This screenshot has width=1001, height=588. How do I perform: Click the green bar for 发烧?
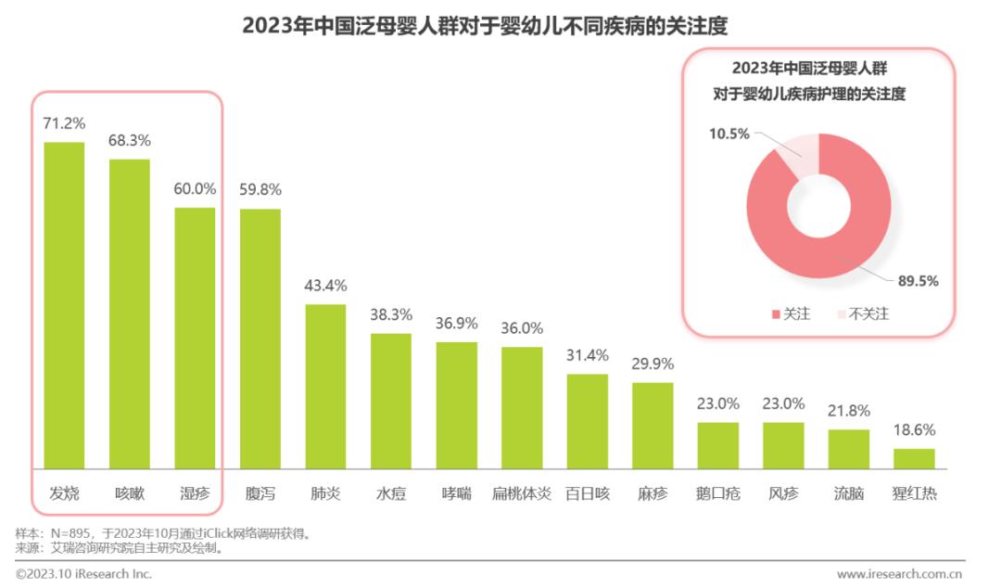[64, 305]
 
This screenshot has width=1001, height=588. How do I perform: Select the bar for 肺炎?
[326, 386]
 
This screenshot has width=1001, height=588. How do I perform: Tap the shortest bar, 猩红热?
[914, 458]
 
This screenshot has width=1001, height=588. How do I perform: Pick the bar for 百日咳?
[588, 421]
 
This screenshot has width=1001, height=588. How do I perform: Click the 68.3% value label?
[130, 141]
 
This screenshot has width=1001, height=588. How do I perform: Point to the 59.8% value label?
[260, 190]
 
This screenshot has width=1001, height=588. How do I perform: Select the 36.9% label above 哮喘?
[457, 324]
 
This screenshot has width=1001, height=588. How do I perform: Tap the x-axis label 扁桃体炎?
[522, 493]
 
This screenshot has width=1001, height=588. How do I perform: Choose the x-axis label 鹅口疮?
[718, 493]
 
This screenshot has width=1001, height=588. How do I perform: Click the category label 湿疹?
[195, 493]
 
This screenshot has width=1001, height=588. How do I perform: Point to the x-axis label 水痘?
[391, 493]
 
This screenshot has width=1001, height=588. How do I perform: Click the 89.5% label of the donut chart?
[918, 281]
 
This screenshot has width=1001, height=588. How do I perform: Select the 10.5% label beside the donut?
[729, 134]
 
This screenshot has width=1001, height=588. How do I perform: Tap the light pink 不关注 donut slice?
[800, 154]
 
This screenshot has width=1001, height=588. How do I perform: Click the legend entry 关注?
[791, 313]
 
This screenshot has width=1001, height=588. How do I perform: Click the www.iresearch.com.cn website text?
[899, 574]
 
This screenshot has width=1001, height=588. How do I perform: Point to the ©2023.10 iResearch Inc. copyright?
[83, 574]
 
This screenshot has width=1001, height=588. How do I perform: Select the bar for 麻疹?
[653, 425]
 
